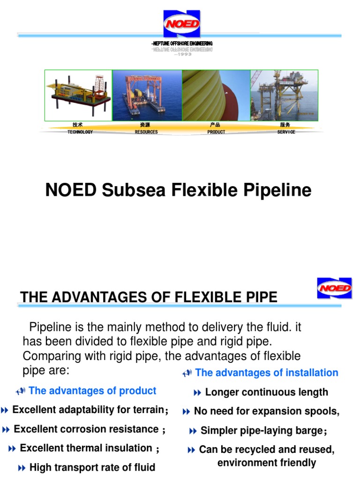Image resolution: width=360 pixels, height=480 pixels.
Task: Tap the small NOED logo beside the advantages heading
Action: (334, 288)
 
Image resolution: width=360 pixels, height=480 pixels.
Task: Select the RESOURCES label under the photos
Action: (146, 132)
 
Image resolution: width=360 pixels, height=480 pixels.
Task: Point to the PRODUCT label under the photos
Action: (216, 132)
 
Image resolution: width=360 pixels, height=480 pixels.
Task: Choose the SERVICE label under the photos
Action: (286, 132)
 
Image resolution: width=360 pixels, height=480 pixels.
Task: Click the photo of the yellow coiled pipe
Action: (216, 96)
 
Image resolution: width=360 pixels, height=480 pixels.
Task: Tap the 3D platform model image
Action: (79, 96)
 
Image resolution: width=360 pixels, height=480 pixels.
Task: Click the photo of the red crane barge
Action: (147, 96)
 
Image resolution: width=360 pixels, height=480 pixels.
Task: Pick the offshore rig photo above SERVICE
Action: (284, 96)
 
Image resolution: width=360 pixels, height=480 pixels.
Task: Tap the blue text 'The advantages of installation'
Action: (266, 373)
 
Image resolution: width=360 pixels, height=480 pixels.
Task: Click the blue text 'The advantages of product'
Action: (92, 391)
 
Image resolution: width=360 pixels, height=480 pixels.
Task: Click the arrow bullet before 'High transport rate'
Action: (22, 467)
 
